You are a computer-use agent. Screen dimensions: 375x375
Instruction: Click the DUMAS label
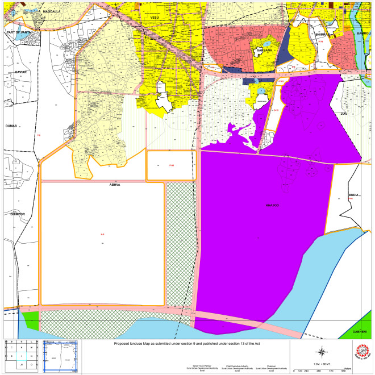point(11,125)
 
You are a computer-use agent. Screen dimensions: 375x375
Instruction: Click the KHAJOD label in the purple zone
point(273,205)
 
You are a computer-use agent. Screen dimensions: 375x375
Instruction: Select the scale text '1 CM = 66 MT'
point(322,363)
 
